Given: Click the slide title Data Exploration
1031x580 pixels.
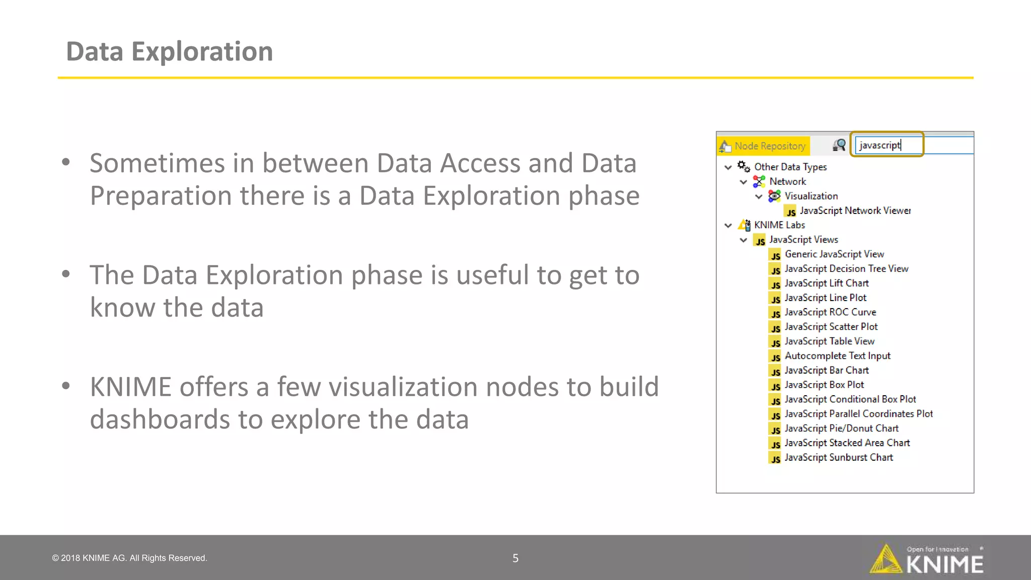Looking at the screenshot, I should click(x=169, y=51).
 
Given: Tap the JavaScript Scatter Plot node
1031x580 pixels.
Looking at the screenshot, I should click(x=831, y=327).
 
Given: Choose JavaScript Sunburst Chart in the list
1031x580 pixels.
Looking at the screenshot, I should click(x=838, y=457).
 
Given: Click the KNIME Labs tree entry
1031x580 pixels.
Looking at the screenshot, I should click(x=779, y=225).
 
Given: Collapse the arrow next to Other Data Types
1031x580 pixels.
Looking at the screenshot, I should click(x=728, y=167).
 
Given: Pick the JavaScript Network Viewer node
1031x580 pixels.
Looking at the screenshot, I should click(x=855, y=210).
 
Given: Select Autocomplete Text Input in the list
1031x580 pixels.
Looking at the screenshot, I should click(x=837, y=356).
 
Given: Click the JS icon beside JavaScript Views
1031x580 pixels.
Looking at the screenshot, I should click(x=760, y=240).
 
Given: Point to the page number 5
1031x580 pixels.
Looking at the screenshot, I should click(x=515, y=558).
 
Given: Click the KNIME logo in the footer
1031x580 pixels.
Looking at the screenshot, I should click(x=927, y=559).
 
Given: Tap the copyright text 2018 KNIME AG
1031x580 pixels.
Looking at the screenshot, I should click(x=130, y=558).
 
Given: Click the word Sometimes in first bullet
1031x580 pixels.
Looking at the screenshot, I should click(x=157, y=163).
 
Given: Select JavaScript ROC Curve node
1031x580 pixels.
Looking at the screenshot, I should click(x=830, y=312).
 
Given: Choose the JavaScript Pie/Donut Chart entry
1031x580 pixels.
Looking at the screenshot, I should click(x=841, y=428).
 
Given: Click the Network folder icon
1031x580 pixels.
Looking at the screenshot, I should click(x=759, y=181).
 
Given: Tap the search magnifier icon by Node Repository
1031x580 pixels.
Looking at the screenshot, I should click(x=839, y=146).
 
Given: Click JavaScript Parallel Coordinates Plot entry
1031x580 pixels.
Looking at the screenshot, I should click(x=858, y=414).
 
